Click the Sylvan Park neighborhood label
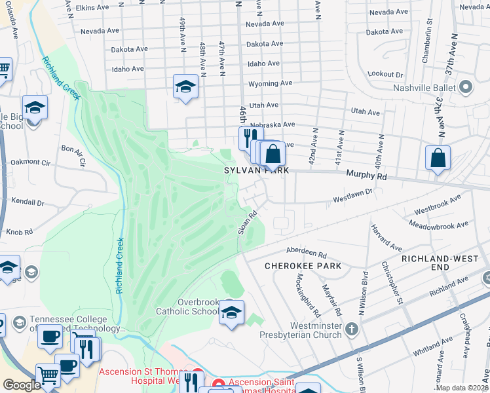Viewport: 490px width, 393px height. (254, 170)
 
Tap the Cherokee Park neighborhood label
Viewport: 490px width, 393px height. (303, 267)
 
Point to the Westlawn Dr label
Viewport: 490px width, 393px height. (352, 193)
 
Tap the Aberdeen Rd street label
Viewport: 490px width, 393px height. (307, 253)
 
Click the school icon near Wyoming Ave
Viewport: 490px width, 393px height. (185, 86)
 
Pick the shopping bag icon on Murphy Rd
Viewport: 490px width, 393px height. (438, 159)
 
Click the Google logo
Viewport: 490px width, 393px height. (22, 385)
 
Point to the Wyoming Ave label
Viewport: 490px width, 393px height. (270, 84)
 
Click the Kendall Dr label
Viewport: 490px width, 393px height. (28, 204)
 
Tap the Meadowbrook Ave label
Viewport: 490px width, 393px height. (446, 225)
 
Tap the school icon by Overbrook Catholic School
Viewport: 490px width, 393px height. (231, 313)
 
